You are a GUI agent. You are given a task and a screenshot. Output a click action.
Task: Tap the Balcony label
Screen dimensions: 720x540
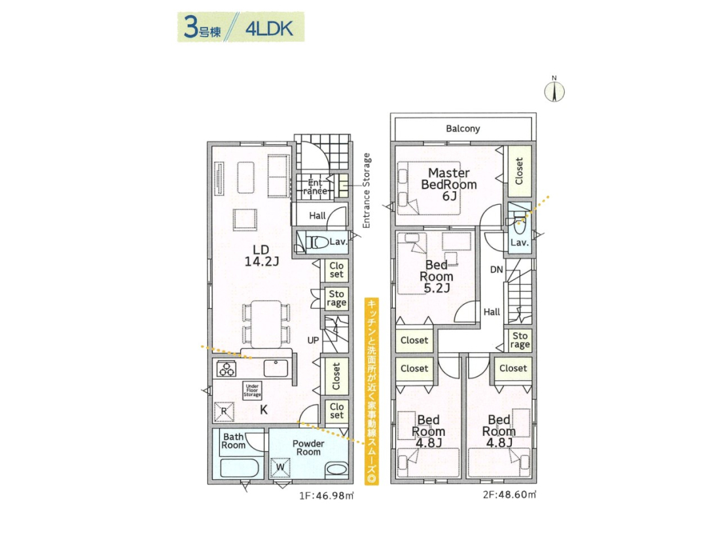(463, 128)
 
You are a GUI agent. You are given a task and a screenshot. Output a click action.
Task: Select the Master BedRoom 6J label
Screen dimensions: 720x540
(449, 185)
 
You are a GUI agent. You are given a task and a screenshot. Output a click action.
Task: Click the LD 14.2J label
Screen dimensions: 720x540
(261, 256)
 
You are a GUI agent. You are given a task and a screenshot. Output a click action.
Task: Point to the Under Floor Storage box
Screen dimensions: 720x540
(252, 390)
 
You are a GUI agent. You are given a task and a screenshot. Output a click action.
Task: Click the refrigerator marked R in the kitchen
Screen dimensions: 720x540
(224, 412)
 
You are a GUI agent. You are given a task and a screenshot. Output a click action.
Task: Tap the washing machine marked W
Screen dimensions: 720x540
(280, 468)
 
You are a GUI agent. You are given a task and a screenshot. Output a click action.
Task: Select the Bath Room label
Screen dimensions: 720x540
(233, 441)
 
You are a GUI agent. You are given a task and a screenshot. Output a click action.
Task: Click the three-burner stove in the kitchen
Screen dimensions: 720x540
(226, 369)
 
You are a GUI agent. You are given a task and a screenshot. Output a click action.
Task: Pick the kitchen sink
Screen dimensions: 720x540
(276, 369)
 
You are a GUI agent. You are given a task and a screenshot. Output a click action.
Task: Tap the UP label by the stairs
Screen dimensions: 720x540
(313, 341)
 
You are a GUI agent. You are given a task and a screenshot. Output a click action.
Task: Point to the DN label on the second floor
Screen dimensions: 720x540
(497, 270)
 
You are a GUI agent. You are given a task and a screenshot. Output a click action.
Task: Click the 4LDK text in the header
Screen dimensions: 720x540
(269, 29)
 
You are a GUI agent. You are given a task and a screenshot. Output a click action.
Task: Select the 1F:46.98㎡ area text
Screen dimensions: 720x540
(327, 496)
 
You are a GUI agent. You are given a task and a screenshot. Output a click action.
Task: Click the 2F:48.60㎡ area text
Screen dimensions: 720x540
(509, 495)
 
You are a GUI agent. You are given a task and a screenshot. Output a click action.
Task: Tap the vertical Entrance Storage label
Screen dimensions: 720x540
(367, 190)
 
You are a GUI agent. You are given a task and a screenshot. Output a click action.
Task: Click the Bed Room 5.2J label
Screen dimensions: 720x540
(436, 276)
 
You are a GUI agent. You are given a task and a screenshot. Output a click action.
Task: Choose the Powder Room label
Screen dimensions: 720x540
(308, 448)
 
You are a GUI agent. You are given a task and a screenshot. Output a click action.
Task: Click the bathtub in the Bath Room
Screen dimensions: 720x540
(240, 469)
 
